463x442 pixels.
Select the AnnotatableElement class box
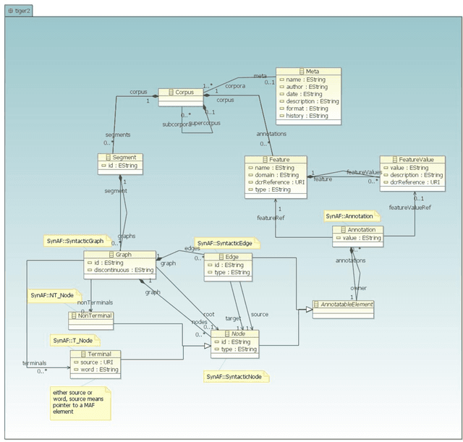click(x=343, y=305)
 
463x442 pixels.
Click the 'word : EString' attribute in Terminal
click(x=98, y=370)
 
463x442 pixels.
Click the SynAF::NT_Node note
click(x=52, y=295)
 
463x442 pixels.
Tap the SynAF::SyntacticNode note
click(x=235, y=376)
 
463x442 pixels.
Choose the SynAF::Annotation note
click(x=349, y=216)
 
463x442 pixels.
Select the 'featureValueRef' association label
click(x=409, y=207)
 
